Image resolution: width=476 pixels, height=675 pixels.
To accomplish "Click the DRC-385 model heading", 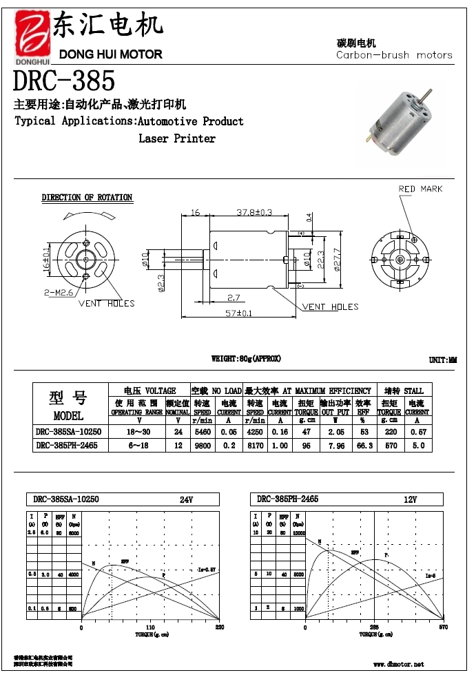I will point(64,81).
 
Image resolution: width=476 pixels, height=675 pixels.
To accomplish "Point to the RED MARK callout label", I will point(420,189).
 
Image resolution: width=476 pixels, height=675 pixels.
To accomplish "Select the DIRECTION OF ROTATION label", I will point(87,198).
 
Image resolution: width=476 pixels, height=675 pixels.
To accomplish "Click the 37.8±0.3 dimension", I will point(254,212).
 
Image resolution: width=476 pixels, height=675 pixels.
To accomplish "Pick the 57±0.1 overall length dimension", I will point(238,313).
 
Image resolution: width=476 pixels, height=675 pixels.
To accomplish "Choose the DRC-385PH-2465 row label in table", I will point(67,446).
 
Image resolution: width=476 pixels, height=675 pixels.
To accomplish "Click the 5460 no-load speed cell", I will point(202,432).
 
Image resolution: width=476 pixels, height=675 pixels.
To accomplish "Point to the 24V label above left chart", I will point(186,499).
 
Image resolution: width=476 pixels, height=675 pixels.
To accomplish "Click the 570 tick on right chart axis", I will point(444,627).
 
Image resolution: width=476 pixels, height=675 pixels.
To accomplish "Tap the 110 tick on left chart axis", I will point(151,627).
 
